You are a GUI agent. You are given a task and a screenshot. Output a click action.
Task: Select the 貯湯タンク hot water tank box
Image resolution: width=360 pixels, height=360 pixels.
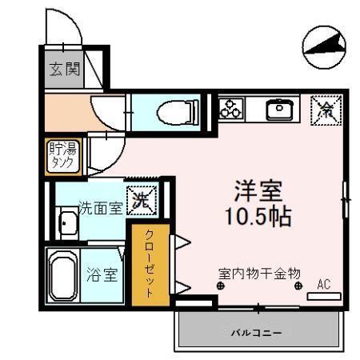click(x=61, y=155)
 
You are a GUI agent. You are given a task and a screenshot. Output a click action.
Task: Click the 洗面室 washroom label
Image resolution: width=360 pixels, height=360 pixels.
click(x=100, y=209)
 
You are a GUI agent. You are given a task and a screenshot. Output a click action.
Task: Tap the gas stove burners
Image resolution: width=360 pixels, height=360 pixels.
click(x=233, y=108)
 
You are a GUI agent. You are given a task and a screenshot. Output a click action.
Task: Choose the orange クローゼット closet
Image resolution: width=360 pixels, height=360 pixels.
click(x=150, y=263)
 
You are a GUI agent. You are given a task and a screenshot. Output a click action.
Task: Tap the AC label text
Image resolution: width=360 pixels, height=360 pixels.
click(x=323, y=283)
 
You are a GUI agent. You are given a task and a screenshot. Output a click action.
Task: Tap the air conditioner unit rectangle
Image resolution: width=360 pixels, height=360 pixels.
click(x=323, y=295)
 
